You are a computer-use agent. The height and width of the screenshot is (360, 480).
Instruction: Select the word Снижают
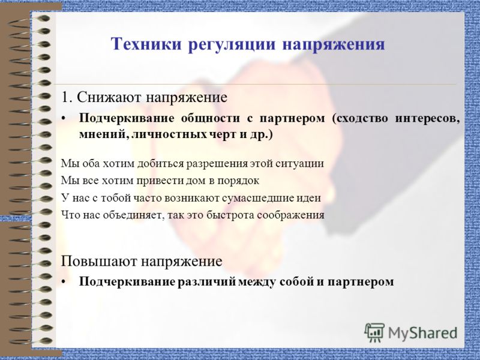106,97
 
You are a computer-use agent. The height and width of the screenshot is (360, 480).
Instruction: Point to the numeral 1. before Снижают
67,97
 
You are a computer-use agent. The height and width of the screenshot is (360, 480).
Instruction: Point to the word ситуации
302,163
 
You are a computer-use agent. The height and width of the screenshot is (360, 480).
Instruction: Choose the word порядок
240,180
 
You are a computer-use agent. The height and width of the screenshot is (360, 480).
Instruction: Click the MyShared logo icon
374,332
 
